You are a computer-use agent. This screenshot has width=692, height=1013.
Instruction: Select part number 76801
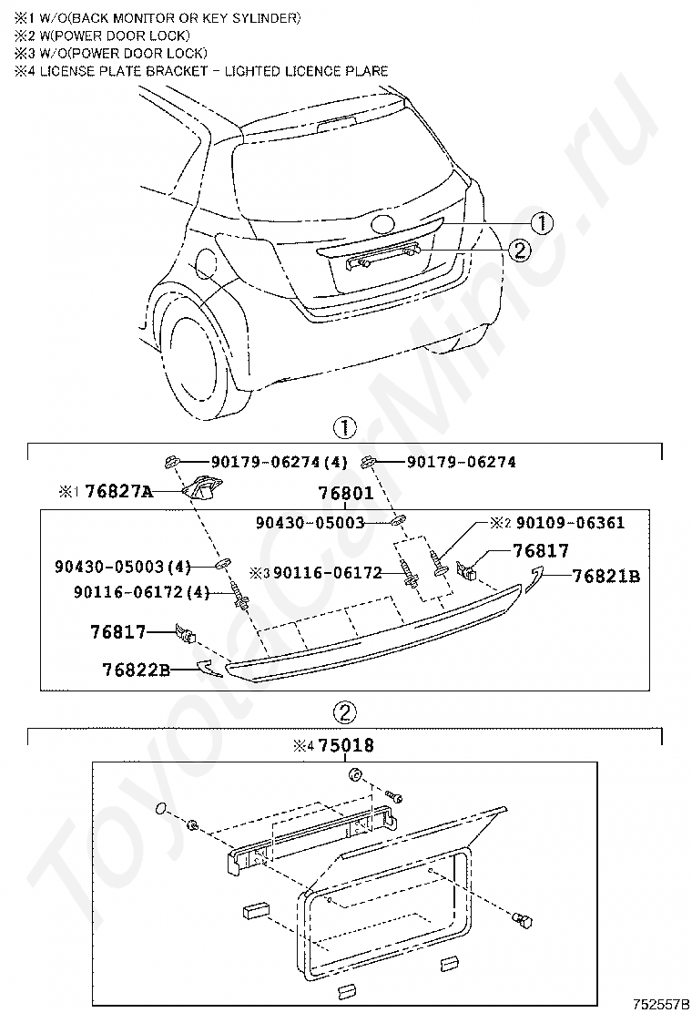point(346,493)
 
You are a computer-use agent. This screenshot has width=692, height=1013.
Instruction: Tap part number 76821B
point(605,576)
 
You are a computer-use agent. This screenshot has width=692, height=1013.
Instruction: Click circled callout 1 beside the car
point(542,222)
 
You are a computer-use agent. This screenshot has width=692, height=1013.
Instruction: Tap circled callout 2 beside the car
point(518,249)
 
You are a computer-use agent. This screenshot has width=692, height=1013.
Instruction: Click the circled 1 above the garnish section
point(344,426)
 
